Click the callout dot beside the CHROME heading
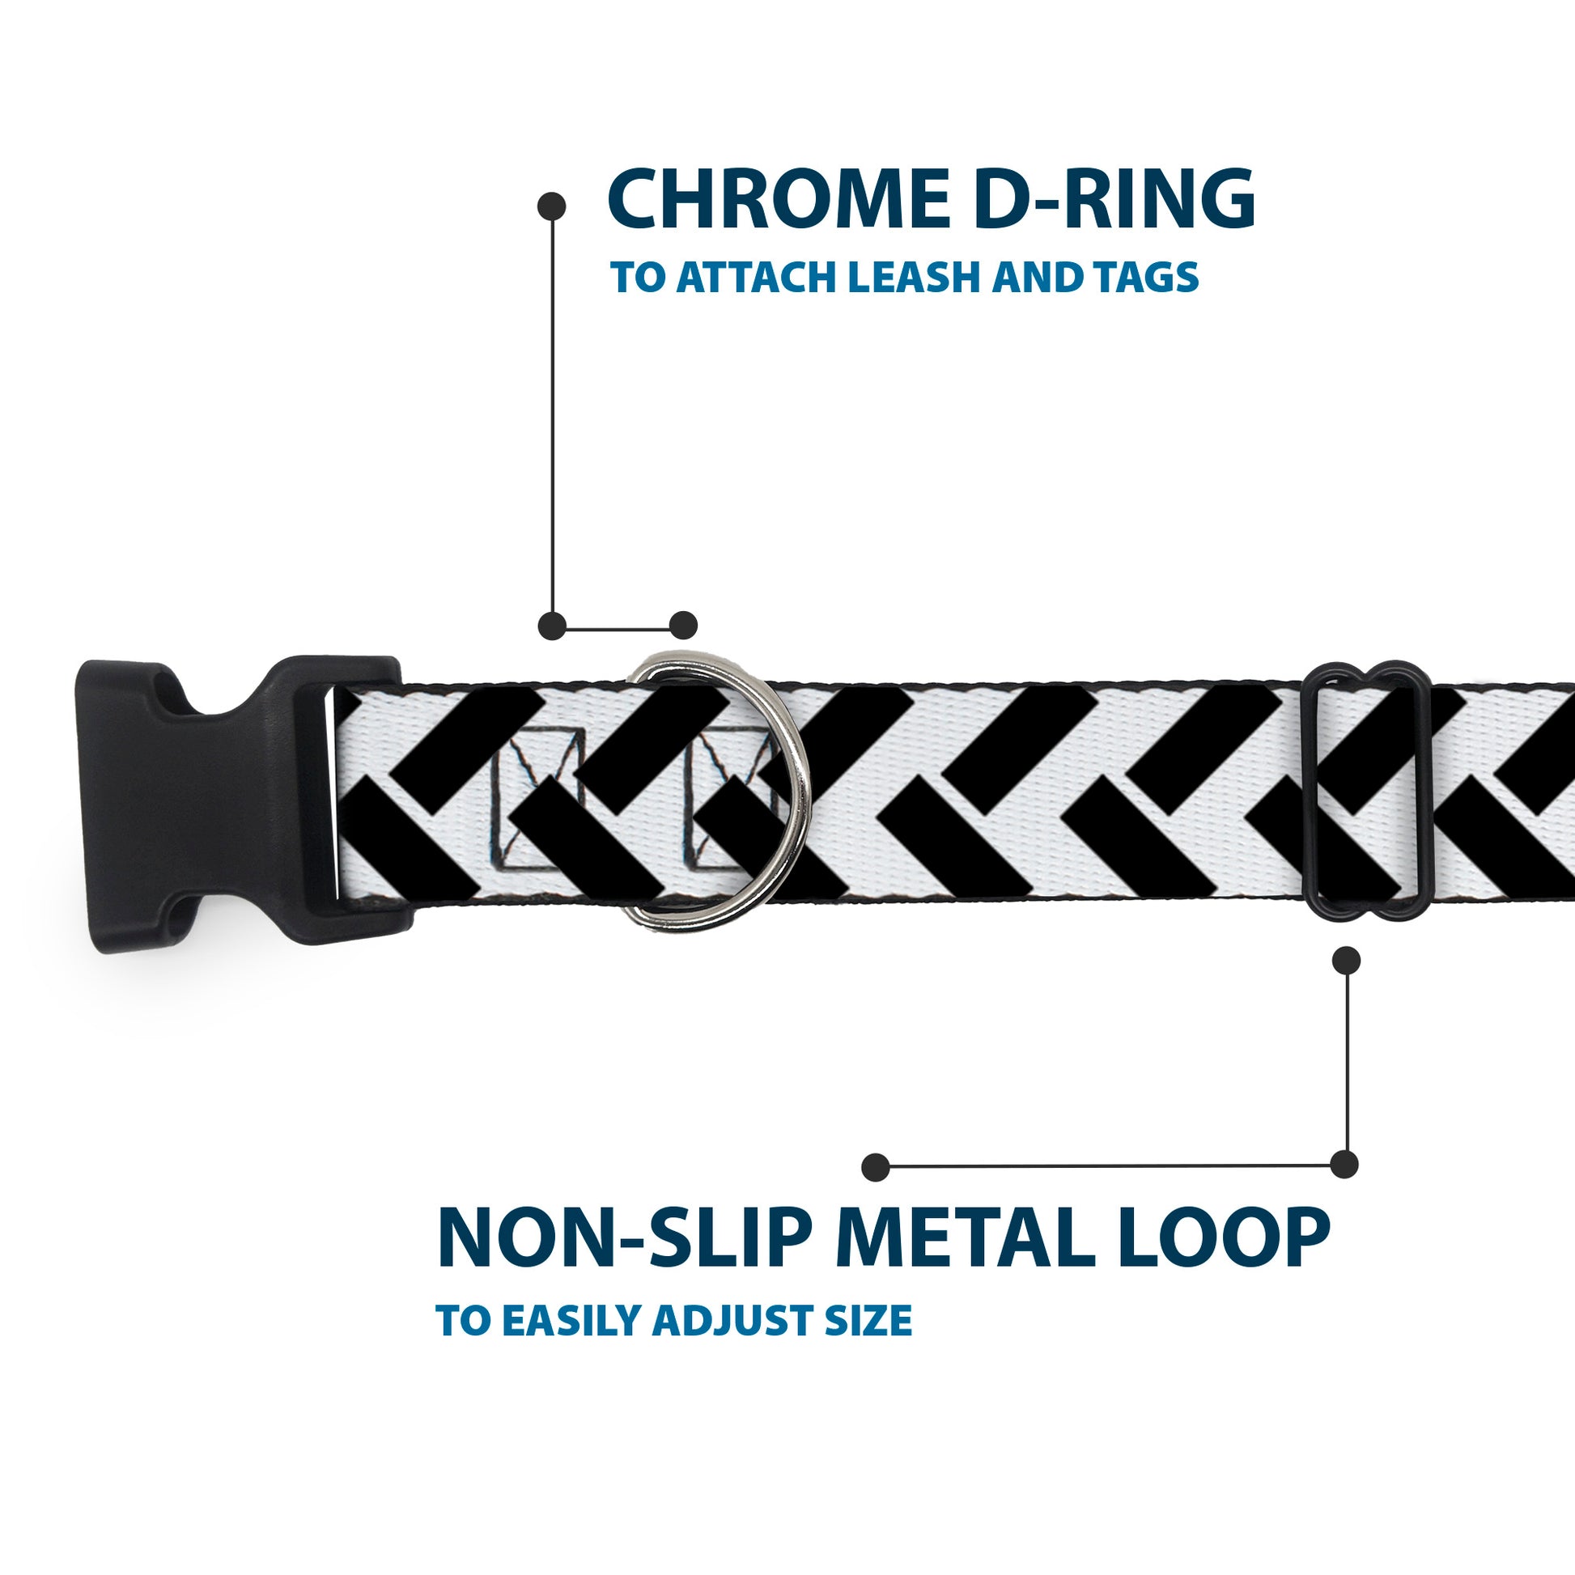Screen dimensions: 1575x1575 [552, 206]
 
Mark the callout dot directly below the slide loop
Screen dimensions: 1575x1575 [1346, 961]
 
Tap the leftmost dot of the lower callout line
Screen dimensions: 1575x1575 [875, 1166]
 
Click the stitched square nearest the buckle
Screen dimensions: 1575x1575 [538, 800]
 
